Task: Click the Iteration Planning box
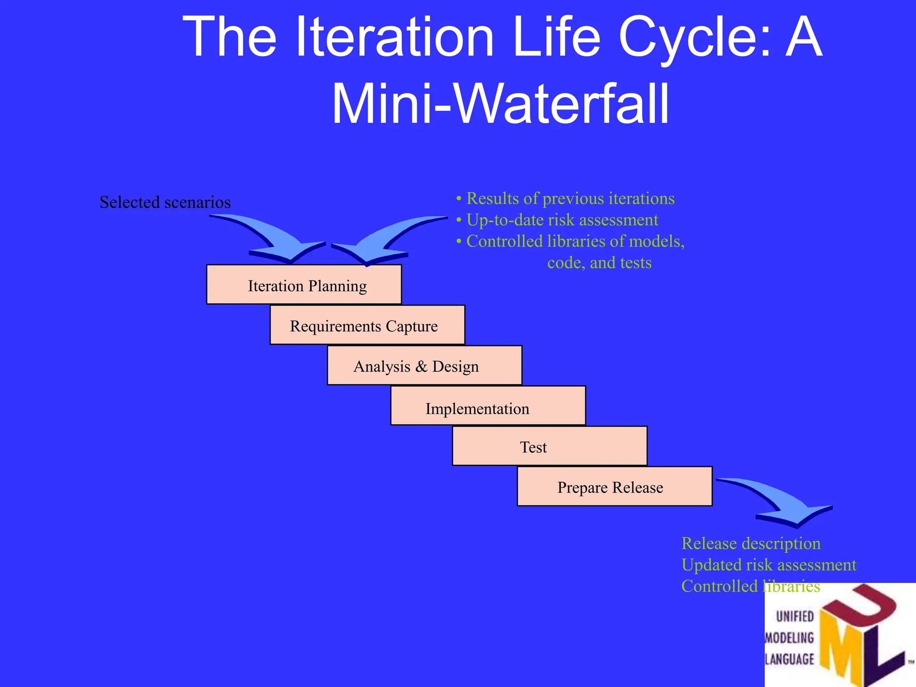point(304,285)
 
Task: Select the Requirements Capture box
point(367,325)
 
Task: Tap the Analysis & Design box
point(424,365)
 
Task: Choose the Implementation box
point(488,406)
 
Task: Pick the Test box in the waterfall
point(549,446)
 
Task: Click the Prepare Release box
point(614,486)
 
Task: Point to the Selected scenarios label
point(165,202)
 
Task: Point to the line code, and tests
point(599,263)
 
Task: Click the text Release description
point(751,543)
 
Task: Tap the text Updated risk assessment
point(768,565)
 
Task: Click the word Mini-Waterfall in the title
point(500,104)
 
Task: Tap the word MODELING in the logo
point(789,638)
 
